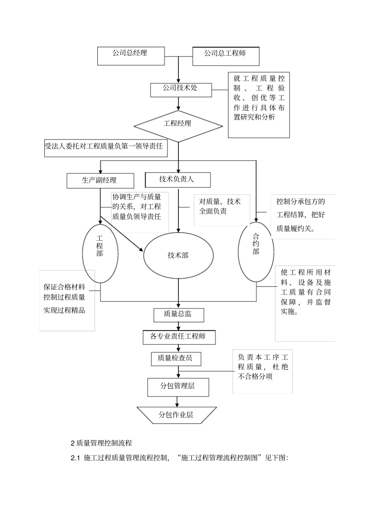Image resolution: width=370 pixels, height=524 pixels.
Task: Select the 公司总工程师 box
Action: point(226,56)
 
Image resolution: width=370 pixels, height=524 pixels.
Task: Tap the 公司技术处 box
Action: point(181,90)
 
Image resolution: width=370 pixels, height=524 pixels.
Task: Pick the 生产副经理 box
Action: point(100,180)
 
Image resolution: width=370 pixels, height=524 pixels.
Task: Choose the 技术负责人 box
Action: point(178,180)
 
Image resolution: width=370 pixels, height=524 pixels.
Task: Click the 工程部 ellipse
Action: point(100,253)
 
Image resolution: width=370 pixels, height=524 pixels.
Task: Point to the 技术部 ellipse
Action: point(178,256)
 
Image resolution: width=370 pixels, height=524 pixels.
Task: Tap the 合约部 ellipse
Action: point(256,252)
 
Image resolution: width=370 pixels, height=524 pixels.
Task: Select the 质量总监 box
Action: point(178,315)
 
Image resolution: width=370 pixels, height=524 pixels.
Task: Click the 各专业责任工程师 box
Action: point(178,337)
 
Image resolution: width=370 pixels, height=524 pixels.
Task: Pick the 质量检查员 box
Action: point(176,358)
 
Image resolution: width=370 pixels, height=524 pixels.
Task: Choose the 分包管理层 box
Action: point(178,387)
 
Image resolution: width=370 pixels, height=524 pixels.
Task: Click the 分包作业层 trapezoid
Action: point(176,415)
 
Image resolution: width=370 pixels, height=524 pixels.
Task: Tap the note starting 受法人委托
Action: point(106,148)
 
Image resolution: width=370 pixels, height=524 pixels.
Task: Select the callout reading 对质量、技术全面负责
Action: point(221,210)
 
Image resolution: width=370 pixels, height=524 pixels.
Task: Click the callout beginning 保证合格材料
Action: point(67,300)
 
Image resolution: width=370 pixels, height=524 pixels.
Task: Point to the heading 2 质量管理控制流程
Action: point(101,443)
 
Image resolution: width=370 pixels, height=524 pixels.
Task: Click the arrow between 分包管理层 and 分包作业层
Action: point(178,401)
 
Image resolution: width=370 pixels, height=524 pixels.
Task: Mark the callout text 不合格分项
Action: point(255,376)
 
